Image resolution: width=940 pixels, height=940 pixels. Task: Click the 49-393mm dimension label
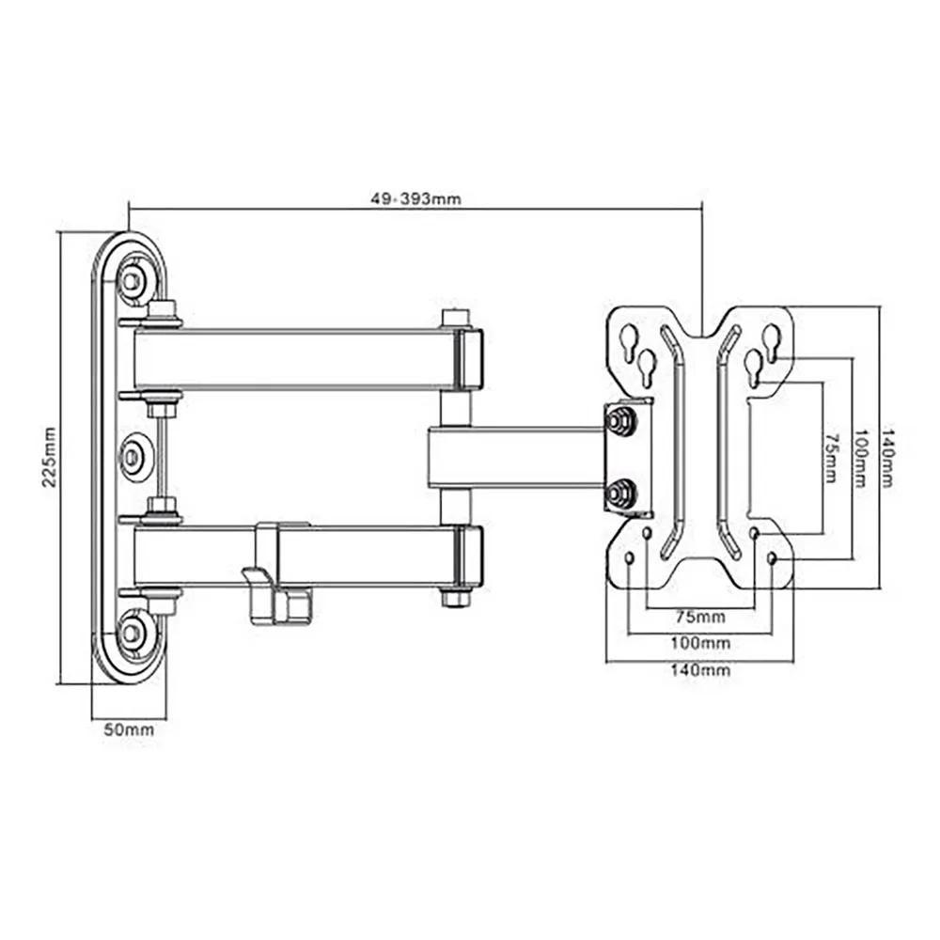point(416,198)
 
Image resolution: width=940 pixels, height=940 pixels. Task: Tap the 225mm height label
point(49,457)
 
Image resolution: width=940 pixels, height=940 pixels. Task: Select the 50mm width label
point(129,729)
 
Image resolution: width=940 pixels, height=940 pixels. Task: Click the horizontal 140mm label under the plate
point(700,669)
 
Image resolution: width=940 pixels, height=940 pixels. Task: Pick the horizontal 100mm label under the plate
point(700,643)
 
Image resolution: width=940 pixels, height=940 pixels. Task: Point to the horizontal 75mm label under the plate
point(700,617)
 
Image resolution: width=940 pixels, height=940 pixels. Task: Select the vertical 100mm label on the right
point(860,458)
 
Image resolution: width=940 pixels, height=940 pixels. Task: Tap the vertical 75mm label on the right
point(830,458)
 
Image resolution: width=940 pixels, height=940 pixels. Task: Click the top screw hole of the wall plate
point(133,280)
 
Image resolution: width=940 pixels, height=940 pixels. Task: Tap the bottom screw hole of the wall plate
point(133,633)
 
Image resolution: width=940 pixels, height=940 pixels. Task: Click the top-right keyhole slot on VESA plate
point(772,342)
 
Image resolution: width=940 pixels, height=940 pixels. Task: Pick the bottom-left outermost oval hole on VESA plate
point(628,558)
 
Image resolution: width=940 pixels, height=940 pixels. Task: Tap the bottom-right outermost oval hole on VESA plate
point(772,558)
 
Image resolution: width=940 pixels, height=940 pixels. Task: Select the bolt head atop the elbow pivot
point(455,317)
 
